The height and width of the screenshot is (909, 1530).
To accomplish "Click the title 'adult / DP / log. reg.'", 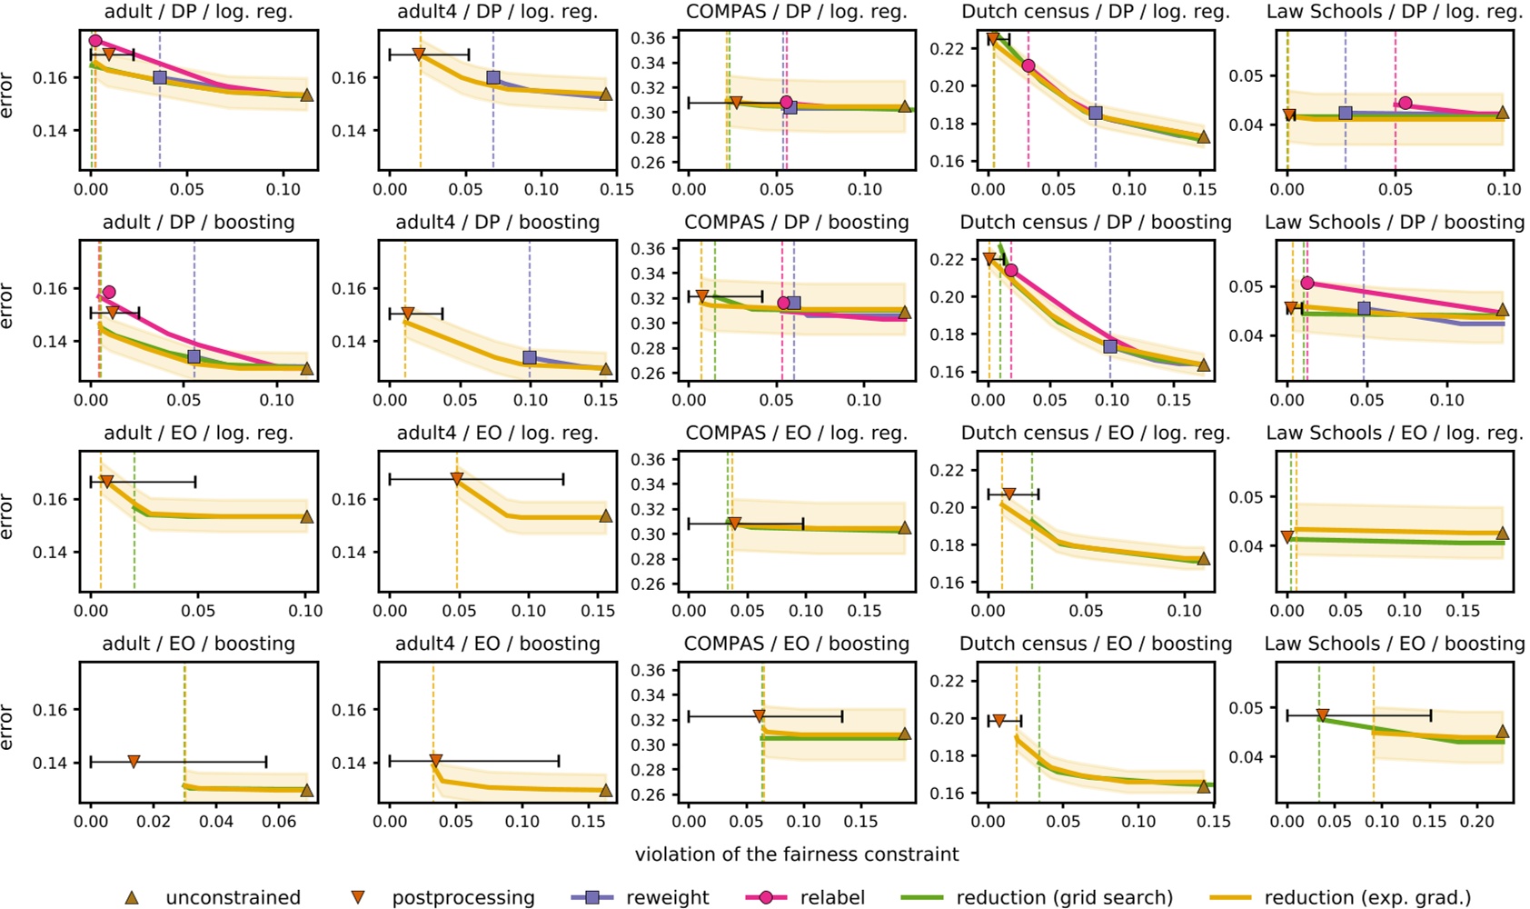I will click(x=198, y=12).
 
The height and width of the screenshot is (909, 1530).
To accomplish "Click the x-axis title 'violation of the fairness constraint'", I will click(x=797, y=854).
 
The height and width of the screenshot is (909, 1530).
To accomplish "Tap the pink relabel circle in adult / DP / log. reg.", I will click(x=95, y=41).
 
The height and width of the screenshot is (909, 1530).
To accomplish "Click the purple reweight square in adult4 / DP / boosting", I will click(x=530, y=358).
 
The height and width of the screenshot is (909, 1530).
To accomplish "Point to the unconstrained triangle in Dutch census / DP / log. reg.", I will click(x=1204, y=137).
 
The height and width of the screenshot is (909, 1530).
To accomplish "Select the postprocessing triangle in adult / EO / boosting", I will click(x=134, y=762).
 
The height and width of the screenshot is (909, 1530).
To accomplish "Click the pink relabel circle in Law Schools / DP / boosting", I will click(x=1307, y=283).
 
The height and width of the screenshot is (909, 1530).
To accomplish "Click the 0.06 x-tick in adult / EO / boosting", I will click(x=279, y=822).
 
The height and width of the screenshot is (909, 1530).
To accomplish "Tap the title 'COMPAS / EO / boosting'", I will click(x=797, y=644).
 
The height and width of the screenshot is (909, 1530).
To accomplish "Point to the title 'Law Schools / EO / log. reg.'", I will click(x=1395, y=434).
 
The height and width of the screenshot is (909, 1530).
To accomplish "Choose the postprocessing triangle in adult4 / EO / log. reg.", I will click(x=457, y=479).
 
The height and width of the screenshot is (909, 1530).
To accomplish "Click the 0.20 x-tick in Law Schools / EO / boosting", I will click(x=1476, y=822).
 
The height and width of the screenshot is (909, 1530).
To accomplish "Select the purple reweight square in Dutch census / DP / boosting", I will click(x=1110, y=347).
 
